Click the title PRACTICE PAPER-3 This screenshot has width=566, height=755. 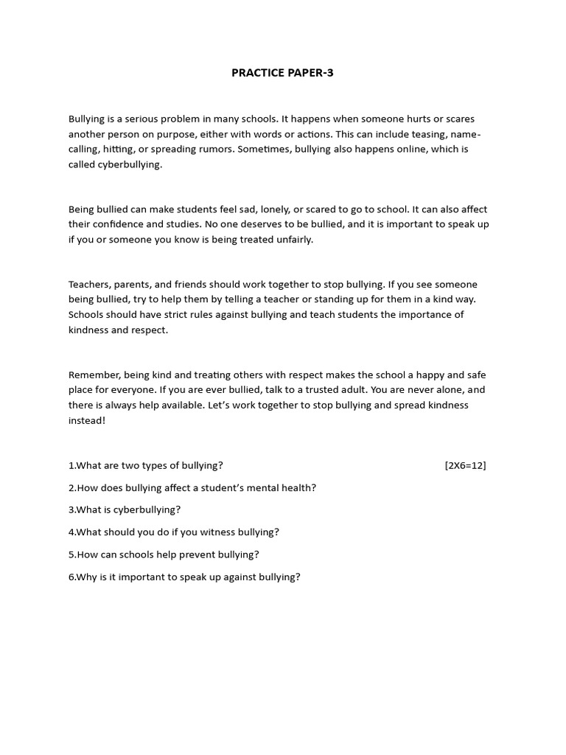pos(282,73)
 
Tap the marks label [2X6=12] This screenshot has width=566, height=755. pos(465,465)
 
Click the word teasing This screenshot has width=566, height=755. pos(425,134)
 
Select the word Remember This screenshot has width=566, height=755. pos(94,375)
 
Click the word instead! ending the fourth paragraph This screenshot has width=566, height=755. pos(87,420)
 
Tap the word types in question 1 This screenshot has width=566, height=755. pos(157,465)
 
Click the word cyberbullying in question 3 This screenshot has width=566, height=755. pos(144,509)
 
